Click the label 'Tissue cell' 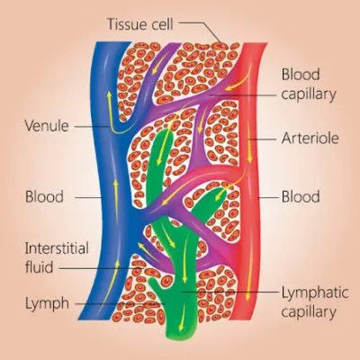click(140, 24)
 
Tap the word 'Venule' click(47, 126)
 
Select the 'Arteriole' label click(310, 139)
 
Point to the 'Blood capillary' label click(309, 85)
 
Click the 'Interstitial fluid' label click(57, 257)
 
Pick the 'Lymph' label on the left click(47, 303)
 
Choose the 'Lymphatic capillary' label click(315, 302)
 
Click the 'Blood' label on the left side click(44, 197)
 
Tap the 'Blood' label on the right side click(301, 197)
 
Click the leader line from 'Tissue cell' click(200, 29)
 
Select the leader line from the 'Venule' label click(92, 127)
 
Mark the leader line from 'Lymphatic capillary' click(229, 291)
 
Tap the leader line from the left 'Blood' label click(89, 198)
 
